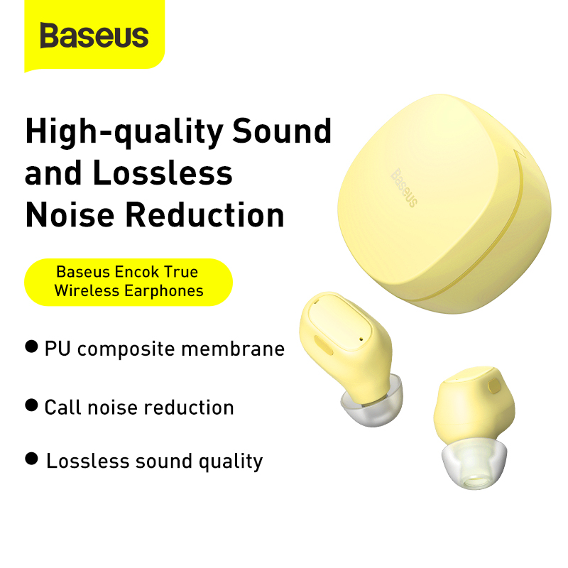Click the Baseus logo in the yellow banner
coord(94,35)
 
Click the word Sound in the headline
coord(282,131)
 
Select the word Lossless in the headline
coord(163,173)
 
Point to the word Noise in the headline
coord(70,215)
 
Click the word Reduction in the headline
coord(205,215)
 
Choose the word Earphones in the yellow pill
coord(164,290)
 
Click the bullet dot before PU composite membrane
coord(31,346)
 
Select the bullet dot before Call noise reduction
coord(31,405)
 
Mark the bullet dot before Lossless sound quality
coord(31,459)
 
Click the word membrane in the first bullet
coord(233,349)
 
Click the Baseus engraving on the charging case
coord(404,187)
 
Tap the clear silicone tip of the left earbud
coord(372,402)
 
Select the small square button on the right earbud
coord(494,386)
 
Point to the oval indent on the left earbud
coord(324,346)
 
